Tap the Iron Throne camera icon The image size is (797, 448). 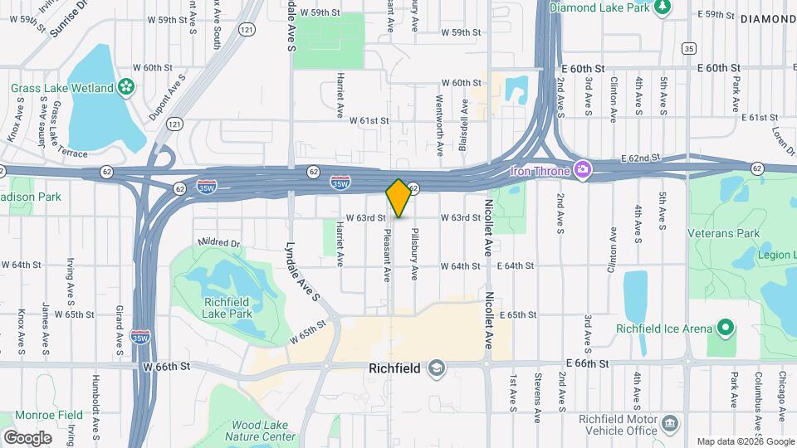point(584,170)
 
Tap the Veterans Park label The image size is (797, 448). point(723,233)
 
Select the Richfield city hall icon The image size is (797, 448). point(437,367)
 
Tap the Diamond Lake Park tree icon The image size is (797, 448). point(662,7)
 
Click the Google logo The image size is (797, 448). point(27,438)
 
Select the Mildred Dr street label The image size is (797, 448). point(219,243)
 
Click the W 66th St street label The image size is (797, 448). point(166,366)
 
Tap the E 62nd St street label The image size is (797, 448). point(638,157)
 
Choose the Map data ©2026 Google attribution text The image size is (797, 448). point(745,441)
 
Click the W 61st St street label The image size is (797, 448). point(369,120)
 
